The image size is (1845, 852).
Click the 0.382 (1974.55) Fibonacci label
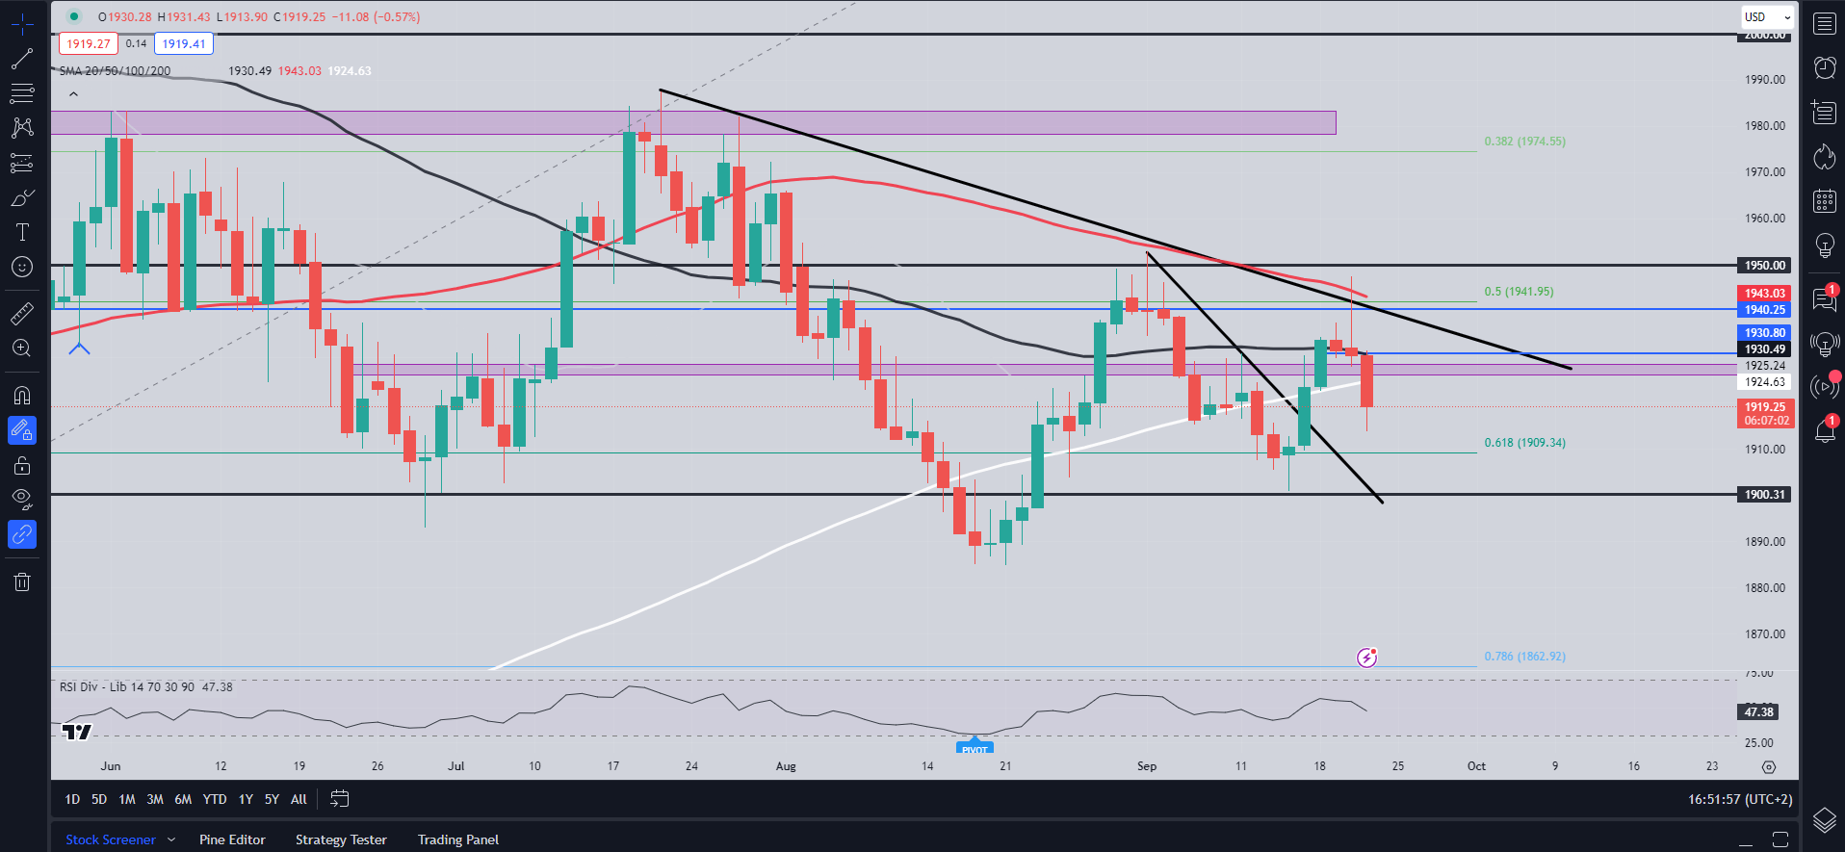point(1524,142)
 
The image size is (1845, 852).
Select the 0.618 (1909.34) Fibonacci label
point(1524,443)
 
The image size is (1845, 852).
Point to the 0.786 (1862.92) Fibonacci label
point(1524,657)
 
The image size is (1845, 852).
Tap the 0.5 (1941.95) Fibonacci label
point(1519,292)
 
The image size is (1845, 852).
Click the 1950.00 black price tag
point(1764,266)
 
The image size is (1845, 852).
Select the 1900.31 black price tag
point(1764,495)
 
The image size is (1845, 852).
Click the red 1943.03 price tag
point(1764,294)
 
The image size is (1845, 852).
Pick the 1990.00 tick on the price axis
point(1764,80)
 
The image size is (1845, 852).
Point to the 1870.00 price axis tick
point(1764,634)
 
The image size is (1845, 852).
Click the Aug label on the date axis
point(786,766)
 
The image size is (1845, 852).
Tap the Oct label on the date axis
point(1476,766)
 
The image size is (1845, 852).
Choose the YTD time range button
point(215,799)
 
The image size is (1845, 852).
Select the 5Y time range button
point(272,799)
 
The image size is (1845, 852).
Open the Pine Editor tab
point(232,839)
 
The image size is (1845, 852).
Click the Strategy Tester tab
point(341,839)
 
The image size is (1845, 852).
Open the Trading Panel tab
point(458,839)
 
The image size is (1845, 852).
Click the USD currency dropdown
point(1767,17)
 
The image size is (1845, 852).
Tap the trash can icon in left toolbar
point(22,581)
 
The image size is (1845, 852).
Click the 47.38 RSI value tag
point(1758,712)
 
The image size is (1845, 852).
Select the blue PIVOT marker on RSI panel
point(974,748)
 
